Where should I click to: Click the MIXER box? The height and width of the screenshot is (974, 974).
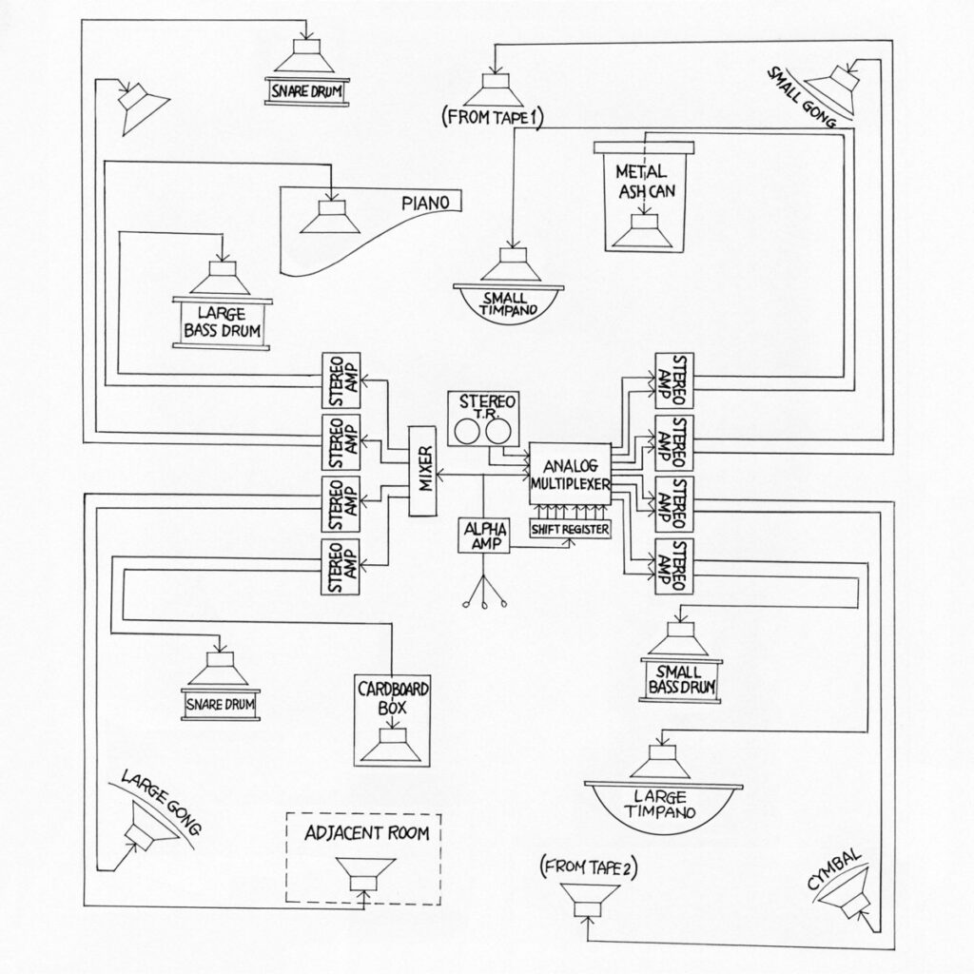[425, 472]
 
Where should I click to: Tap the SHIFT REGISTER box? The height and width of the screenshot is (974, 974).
[571, 530]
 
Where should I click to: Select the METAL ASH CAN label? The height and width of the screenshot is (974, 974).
[644, 181]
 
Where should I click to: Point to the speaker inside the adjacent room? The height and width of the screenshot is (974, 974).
[365, 871]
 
